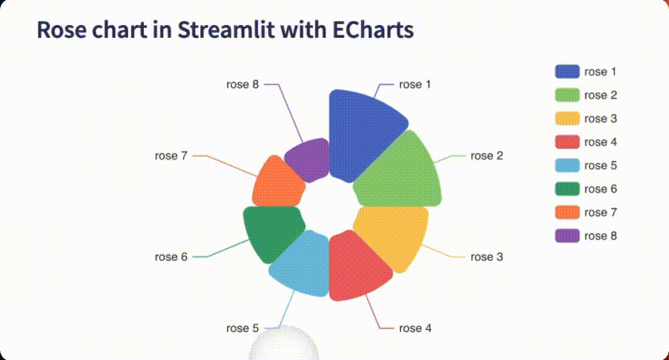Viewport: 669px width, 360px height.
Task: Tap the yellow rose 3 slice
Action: pos(394,232)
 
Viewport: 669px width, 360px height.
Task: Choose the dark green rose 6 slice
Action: pos(271,231)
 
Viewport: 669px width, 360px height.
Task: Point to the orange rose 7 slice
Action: pos(277,185)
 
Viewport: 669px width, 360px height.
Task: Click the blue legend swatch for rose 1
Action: pos(567,72)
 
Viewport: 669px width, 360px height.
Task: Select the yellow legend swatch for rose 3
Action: pos(567,119)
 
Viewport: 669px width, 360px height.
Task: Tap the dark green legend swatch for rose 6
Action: pos(567,189)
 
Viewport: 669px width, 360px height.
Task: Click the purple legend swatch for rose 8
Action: pos(567,236)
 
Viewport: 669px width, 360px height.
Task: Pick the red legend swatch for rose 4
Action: pos(567,142)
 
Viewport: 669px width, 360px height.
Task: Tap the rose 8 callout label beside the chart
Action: pos(242,85)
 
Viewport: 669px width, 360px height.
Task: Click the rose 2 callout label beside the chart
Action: pos(487,156)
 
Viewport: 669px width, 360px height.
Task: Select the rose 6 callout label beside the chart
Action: pos(171,257)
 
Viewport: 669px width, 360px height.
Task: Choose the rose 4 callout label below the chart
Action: pos(415,328)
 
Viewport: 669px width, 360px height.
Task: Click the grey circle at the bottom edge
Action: pos(284,346)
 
